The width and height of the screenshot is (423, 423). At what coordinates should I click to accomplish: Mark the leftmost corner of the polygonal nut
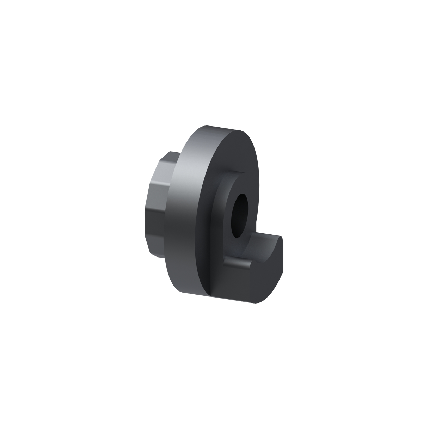tap(144, 211)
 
